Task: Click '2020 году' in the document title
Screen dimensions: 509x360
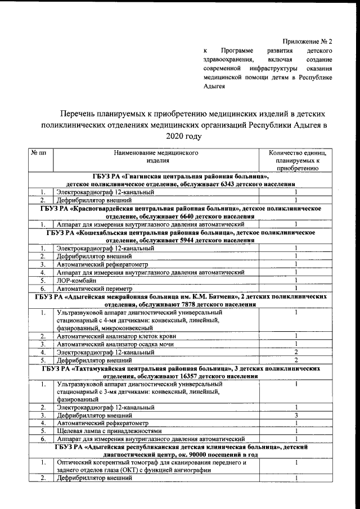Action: [183, 136]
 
